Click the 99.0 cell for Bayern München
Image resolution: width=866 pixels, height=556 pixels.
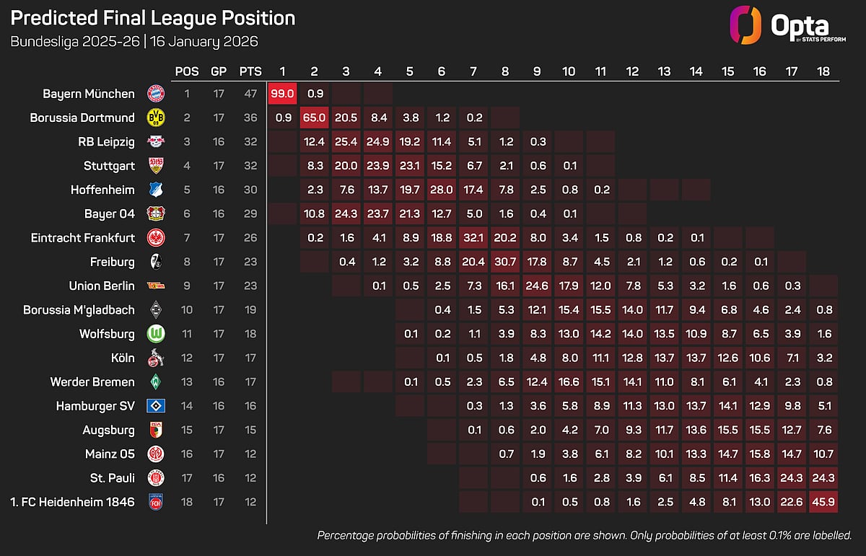[x=282, y=93]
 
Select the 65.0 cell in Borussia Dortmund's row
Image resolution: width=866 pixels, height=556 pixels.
[x=314, y=118]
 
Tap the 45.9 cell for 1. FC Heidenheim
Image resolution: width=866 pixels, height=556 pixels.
[x=823, y=502]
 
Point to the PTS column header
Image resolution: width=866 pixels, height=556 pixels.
[x=250, y=71]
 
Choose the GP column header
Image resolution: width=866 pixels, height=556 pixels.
[x=218, y=71]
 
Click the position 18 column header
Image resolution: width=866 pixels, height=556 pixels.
[x=823, y=71]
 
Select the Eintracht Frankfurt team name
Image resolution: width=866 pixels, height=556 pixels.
[x=83, y=237]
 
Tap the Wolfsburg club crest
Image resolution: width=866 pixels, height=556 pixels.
[x=155, y=334]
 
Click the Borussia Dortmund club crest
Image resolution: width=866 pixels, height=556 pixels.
[x=155, y=118]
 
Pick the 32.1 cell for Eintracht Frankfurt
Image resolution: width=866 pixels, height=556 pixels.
[x=473, y=237]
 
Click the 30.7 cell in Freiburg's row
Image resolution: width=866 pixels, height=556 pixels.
[x=505, y=262]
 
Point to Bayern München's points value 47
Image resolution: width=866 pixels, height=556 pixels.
[x=250, y=93]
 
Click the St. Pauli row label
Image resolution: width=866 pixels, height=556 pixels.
[x=112, y=478]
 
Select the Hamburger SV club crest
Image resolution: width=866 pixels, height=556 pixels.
[x=155, y=406]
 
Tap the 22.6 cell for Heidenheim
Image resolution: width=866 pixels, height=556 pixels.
[x=792, y=502]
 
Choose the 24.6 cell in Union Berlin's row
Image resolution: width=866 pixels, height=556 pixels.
[x=537, y=286]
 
